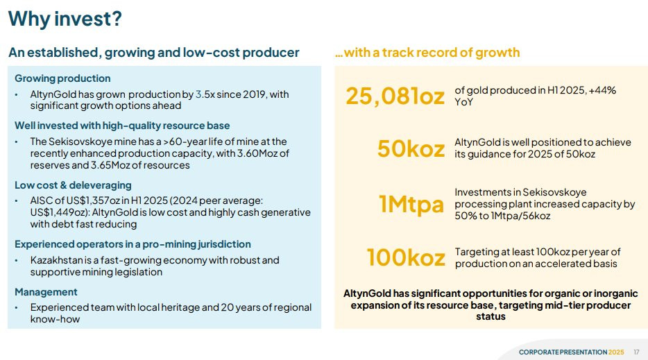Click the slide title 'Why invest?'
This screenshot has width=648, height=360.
pos(65,19)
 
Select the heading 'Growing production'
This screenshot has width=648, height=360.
pos(62,78)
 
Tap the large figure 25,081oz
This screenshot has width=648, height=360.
pos(395,96)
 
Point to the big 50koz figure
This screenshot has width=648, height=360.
pos(411,148)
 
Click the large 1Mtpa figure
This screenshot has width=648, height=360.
pos(411,204)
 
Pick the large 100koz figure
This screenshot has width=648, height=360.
pos(406,257)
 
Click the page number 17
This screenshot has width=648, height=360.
pos(636,352)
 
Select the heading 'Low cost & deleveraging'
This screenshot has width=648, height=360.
pos(73,185)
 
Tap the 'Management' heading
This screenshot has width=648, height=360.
pos(46,292)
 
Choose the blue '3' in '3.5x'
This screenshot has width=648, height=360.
pos(198,94)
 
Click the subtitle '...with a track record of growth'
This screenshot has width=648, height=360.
pos(427,53)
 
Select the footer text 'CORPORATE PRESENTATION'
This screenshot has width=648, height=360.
pos(563,352)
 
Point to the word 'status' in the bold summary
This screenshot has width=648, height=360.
pos(491,316)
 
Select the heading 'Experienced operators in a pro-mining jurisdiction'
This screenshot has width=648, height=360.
pos(133,244)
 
